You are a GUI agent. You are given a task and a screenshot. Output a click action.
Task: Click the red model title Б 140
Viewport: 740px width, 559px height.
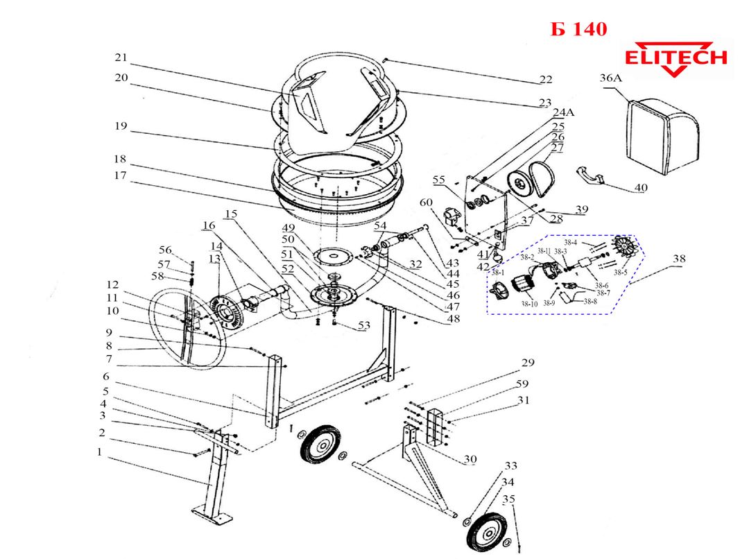[x=578, y=29]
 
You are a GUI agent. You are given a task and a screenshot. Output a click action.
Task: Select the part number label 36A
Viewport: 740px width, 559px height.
[x=610, y=79]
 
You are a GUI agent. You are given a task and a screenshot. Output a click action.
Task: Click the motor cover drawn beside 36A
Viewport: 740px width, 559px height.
[x=662, y=132]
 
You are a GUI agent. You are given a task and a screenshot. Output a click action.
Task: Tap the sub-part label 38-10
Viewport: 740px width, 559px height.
[x=529, y=304]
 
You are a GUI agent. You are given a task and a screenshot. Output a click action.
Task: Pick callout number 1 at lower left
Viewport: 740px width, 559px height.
[x=99, y=451]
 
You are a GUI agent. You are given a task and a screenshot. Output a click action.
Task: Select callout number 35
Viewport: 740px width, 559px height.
[x=510, y=499]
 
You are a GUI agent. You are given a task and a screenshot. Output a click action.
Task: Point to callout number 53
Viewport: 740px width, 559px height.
[x=363, y=326]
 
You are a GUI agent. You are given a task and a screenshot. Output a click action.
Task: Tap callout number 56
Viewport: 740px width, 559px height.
[x=164, y=250]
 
